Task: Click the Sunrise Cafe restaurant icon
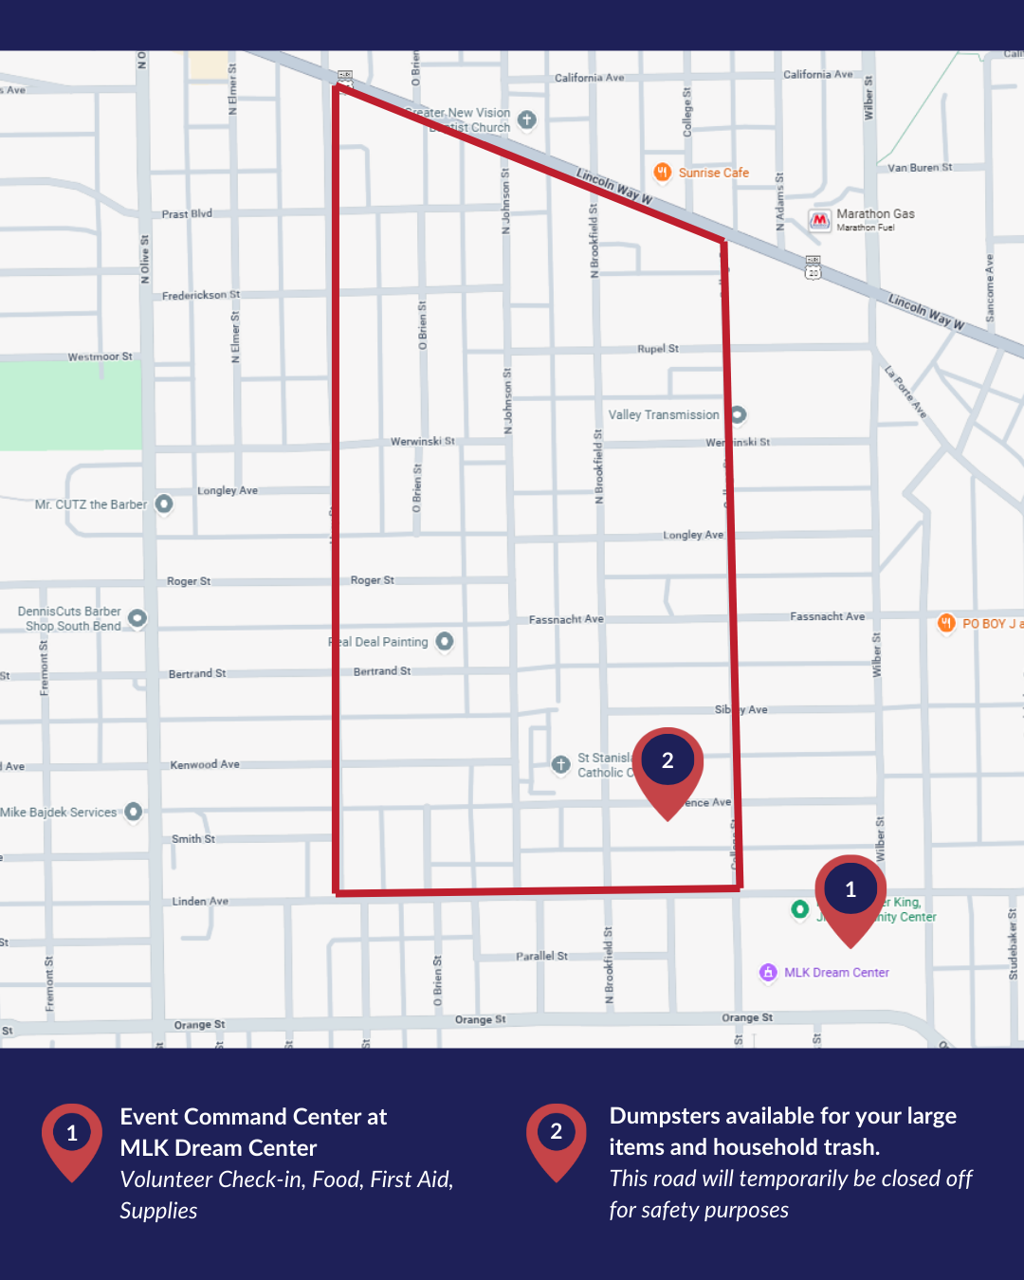click(663, 172)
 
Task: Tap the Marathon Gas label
click(875, 214)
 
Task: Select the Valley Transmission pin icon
click(738, 414)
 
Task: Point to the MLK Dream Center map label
click(836, 973)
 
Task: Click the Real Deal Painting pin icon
click(444, 642)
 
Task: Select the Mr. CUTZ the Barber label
click(91, 504)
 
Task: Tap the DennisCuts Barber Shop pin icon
click(137, 619)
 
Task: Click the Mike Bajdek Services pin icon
click(134, 812)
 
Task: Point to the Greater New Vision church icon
click(527, 120)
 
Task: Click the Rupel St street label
click(658, 349)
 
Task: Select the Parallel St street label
click(541, 956)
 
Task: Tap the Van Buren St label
click(920, 168)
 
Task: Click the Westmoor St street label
click(100, 357)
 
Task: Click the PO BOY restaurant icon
click(946, 623)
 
